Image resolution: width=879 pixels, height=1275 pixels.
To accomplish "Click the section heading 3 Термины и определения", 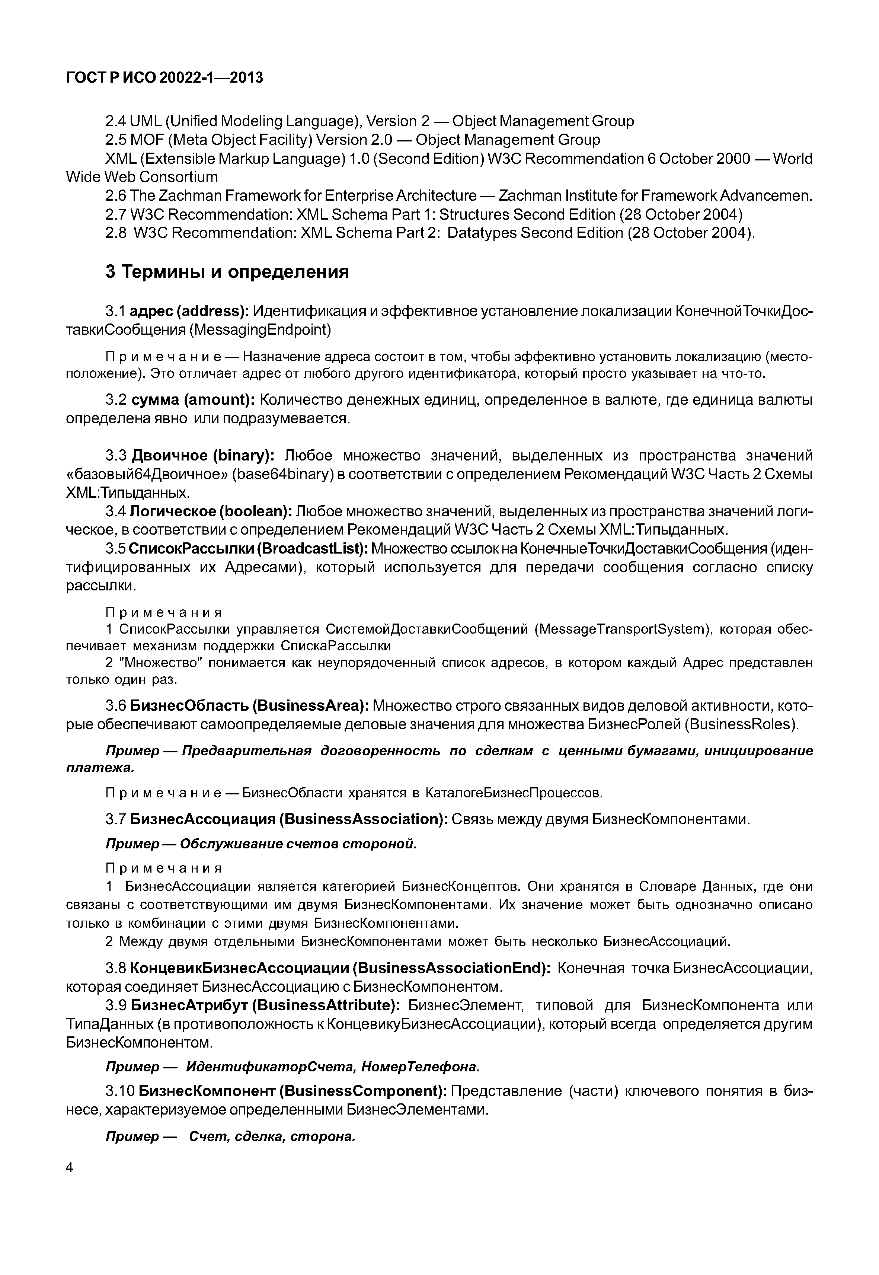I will pyautogui.click(x=227, y=272).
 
